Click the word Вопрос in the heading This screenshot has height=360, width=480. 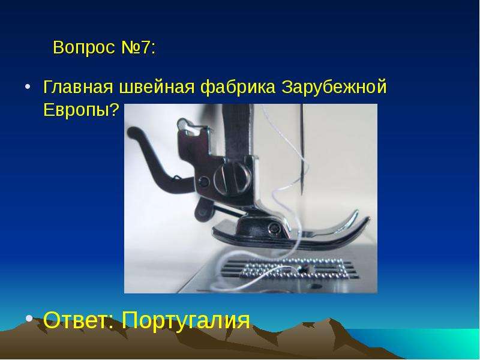point(84,47)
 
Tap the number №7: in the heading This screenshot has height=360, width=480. point(139,47)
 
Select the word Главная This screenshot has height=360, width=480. point(78,86)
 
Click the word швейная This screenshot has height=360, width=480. point(157,86)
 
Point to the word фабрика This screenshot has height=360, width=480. point(238,86)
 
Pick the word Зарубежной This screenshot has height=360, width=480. point(334,86)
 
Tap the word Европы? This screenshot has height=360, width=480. point(81,109)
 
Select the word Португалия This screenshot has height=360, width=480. point(186,321)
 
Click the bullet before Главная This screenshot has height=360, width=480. point(28,86)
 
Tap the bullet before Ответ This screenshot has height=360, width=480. point(29,319)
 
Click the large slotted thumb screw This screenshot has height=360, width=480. point(233,177)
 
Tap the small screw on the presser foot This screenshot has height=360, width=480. point(274,227)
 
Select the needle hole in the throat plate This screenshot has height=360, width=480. point(304,269)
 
